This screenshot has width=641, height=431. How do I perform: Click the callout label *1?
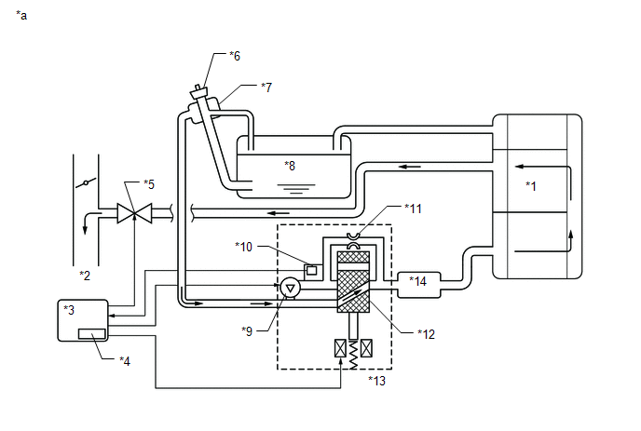click(x=531, y=185)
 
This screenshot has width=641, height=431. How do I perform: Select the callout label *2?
click(x=85, y=276)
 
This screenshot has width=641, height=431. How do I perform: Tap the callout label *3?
click(x=69, y=309)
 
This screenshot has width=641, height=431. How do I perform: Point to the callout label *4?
click(x=124, y=359)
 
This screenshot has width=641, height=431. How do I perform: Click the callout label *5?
click(x=148, y=183)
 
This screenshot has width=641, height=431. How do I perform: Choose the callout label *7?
click(x=266, y=88)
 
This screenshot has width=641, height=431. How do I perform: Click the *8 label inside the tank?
click(x=290, y=165)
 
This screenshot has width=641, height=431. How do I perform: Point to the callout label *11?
click(x=414, y=208)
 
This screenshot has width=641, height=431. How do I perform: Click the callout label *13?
click(x=377, y=380)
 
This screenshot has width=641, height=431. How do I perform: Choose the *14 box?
click(x=416, y=281)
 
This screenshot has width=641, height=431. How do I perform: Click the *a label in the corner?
click(x=21, y=16)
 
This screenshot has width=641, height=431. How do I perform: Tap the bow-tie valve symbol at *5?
click(x=135, y=214)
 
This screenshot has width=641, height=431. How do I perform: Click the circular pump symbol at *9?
click(x=290, y=288)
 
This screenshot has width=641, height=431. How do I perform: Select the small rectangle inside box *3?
click(x=91, y=333)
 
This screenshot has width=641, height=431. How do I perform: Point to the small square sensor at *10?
click(x=312, y=270)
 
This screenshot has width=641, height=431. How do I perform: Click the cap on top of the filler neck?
click(x=199, y=92)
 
